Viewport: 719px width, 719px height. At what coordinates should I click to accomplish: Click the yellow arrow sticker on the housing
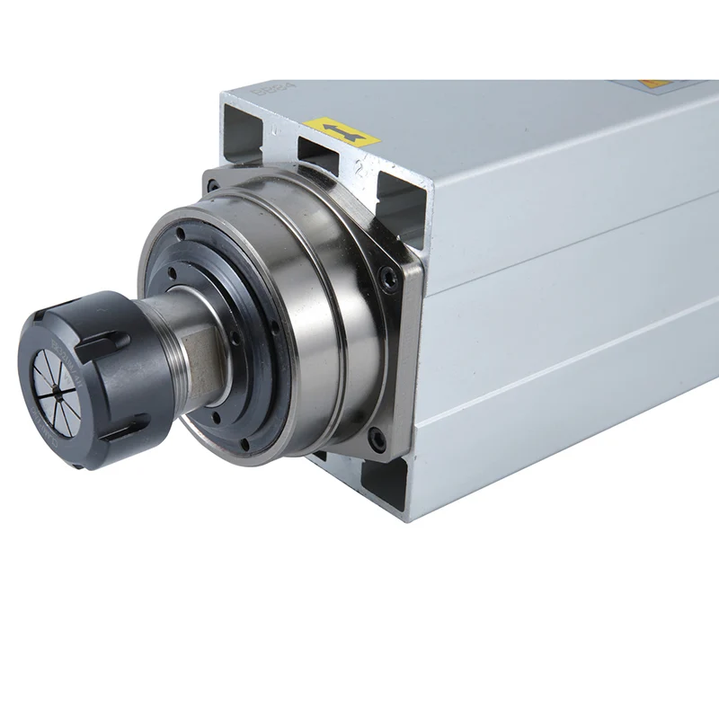tap(341, 132)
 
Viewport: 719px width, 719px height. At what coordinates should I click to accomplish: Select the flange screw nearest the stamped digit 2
tap(387, 280)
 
